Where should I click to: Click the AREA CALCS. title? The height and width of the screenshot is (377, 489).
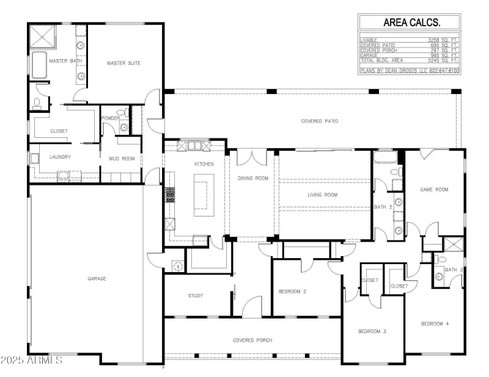[x=411, y=23]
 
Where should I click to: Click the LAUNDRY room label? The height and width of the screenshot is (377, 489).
[x=60, y=157]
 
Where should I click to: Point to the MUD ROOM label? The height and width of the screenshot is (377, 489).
[x=121, y=158]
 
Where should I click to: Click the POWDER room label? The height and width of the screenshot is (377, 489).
[x=110, y=118]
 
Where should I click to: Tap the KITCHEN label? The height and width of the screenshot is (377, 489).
[x=203, y=165]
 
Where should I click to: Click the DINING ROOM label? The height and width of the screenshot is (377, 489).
[x=253, y=178]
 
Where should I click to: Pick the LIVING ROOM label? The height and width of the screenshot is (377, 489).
[x=322, y=195]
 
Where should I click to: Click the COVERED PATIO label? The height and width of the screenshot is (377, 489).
[x=319, y=121]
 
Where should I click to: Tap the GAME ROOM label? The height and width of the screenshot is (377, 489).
[x=433, y=190]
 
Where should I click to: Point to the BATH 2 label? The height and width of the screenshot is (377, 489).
[x=383, y=207]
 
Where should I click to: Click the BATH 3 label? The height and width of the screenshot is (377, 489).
[x=454, y=269]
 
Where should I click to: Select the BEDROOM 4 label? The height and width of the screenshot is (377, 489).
[x=435, y=323]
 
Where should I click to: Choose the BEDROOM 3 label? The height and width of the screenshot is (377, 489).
[x=373, y=331]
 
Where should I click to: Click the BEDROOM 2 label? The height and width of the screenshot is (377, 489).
[x=292, y=291]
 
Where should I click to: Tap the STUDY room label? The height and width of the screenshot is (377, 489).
[x=195, y=296]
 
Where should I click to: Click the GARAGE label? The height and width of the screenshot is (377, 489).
[x=97, y=278]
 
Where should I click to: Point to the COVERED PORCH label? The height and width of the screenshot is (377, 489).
[x=252, y=340]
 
